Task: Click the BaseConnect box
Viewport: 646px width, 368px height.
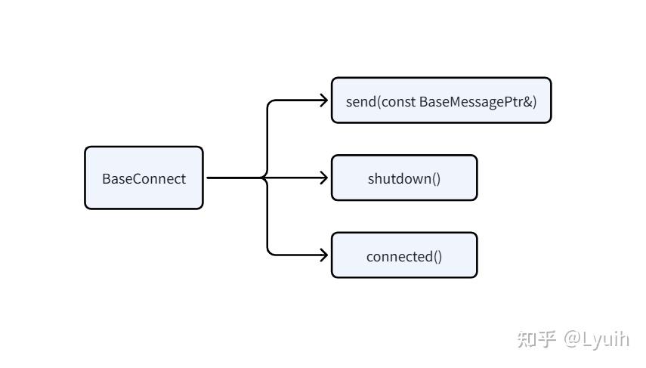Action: click(144, 178)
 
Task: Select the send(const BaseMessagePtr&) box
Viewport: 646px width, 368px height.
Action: click(441, 101)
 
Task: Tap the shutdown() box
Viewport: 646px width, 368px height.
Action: click(404, 178)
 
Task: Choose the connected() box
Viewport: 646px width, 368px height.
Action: click(404, 255)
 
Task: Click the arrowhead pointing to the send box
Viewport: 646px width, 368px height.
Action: click(324, 101)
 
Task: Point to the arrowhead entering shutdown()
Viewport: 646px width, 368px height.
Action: click(324, 178)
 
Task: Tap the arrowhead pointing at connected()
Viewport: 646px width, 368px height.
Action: click(324, 255)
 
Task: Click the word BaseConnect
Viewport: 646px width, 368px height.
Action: click(144, 179)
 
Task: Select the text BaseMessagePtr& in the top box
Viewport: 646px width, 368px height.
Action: click(478, 102)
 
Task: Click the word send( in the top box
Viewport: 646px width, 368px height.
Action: click(363, 102)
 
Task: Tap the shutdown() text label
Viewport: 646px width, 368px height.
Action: click(404, 179)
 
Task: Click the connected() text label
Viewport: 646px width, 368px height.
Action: click(404, 257)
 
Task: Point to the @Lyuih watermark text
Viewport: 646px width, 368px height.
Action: click(597, 339)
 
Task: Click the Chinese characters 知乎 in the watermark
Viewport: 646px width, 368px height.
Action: click(536, 339)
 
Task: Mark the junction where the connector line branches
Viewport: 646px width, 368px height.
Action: click(264, 178)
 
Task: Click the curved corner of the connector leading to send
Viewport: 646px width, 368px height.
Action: click(270, 104)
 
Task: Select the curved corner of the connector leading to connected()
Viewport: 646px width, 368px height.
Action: click(270, 252)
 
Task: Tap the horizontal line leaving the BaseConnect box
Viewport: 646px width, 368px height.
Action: click(234, 178)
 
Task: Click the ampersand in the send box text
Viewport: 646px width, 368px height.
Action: click(528, 102)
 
